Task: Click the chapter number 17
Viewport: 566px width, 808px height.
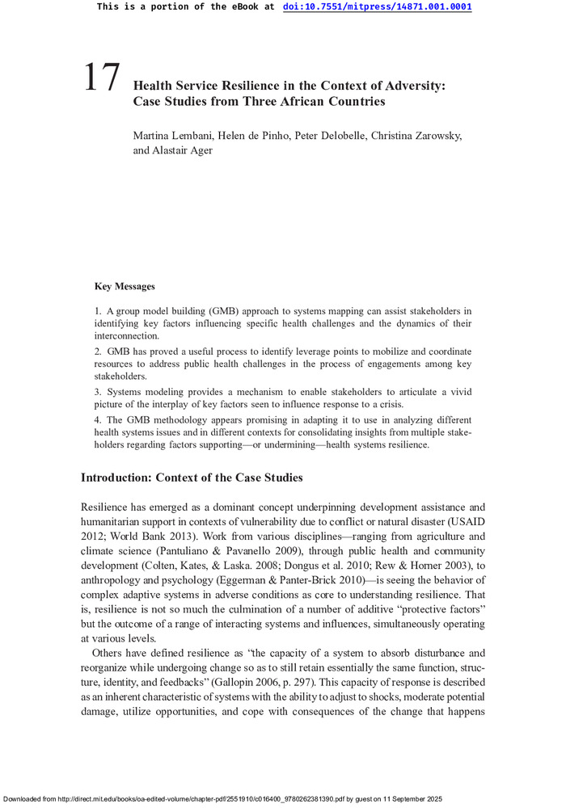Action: tap(102, 78)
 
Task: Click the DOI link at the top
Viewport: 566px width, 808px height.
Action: tap(377, 6)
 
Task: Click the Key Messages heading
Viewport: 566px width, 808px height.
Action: tap(125, 286)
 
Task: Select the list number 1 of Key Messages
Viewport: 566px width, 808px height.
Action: tap(97, 310)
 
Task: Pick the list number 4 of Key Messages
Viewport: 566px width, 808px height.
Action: tap(97, 420)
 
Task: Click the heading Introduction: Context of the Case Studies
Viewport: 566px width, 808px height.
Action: tap(192, 478)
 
